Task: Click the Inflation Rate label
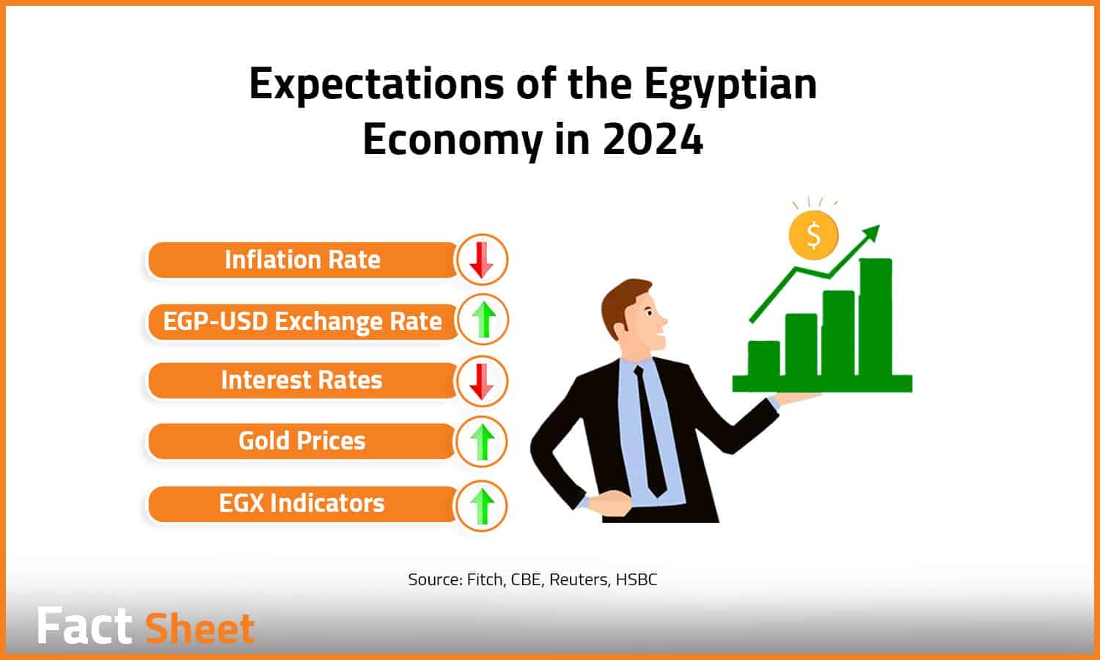(x=302, y=260)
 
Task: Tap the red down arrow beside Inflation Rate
(x=481, y=260)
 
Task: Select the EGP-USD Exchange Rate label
(x=302, y=322)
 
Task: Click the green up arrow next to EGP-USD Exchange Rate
(x=484, y=320)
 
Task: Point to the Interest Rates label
(x=301, y=380)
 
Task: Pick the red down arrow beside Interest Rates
(x=481, y=381)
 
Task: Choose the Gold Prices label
(x=302, y=441)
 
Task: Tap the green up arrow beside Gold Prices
(x=483, y=442)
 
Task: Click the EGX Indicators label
(x=301, y=503)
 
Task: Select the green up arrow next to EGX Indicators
(x=483, y=506)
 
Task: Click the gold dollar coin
(x=813, y=235)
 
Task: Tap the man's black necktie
(x=650, y=432)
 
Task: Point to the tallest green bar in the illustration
(x=876, y=318)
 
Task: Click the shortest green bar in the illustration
(x=763, y=359)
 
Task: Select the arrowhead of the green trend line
(x=872, y=233)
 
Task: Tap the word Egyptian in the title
(x=730, y=85)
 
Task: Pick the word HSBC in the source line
(x=637, y=579)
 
